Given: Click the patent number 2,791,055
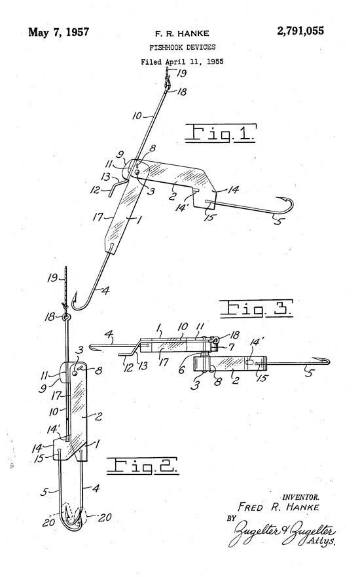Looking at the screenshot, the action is click(300, 31).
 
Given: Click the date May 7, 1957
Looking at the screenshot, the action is click(59, 32).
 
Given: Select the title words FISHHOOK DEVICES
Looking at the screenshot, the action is click(183, 47).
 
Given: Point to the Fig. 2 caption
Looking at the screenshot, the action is click(143, 466).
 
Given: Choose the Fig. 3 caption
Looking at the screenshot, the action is click(257, 308).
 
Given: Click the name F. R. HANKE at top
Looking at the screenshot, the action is click(182, 34).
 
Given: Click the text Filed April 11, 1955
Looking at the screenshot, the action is click(183, 62).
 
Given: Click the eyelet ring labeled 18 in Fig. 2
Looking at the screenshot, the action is click(67, 317).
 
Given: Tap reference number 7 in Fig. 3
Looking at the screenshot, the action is click(231, 347).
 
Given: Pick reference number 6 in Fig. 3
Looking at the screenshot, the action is click(182, 369).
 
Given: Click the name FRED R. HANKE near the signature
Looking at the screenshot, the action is click(278, 507).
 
